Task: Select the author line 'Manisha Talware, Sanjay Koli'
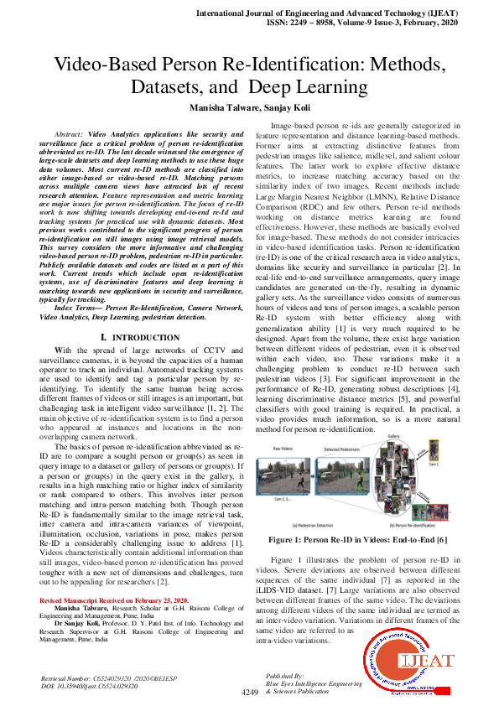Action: [249, 107]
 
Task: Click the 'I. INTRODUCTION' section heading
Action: [141, 337]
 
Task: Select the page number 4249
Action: [249, 693]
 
